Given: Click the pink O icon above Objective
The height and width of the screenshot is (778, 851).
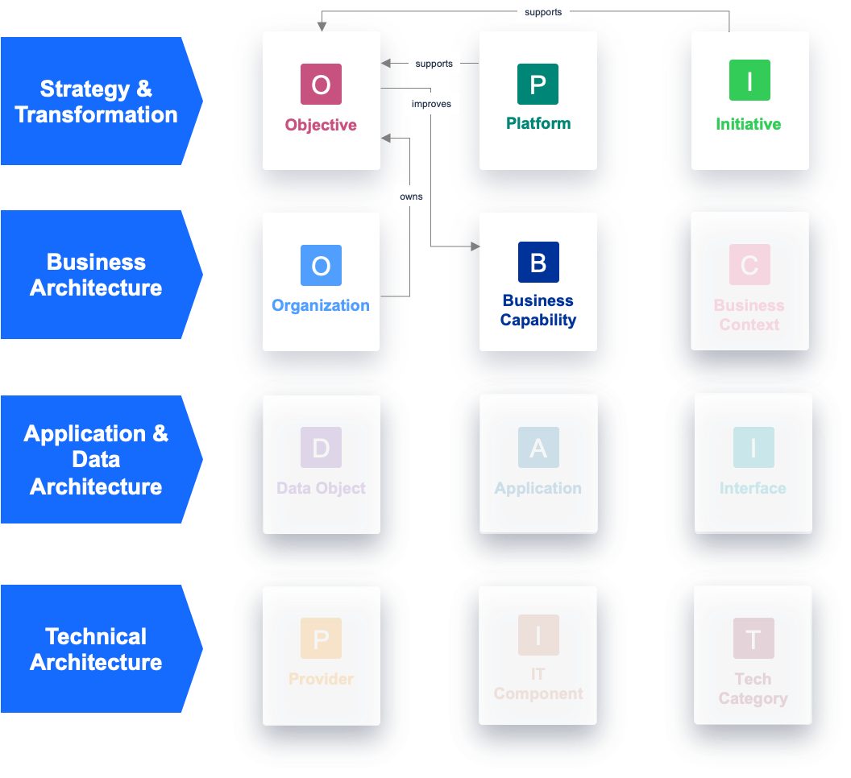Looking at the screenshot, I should coord(321,84).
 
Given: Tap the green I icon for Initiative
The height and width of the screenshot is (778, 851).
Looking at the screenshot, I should coord(749,81).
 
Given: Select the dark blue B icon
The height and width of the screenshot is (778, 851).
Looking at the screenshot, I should coord(538,262).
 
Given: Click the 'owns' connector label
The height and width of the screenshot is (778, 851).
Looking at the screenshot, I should coord(411,196).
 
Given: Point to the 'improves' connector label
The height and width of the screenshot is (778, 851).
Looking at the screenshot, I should coord(431,104).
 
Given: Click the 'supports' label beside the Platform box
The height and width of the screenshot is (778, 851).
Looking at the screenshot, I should coord(434,64).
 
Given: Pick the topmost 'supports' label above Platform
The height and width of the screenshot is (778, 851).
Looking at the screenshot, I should coord(543,12).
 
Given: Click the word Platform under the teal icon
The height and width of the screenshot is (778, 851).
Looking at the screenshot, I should coord(538,123).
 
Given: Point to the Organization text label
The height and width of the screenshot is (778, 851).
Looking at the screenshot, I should coord(321,305).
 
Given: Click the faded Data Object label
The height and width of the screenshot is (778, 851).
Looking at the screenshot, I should coord(321,488).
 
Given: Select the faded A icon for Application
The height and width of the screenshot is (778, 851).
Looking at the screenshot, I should coord(538,448).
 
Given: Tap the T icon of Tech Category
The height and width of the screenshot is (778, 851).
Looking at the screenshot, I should coord(753,639).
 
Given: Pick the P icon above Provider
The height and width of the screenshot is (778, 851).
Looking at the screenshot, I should coord(321,639).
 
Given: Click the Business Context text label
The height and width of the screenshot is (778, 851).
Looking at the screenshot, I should coord(749,315).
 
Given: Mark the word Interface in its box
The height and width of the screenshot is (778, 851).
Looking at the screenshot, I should coord(753,488).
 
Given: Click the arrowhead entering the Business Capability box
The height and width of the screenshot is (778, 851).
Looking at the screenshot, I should coord(475,246).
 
